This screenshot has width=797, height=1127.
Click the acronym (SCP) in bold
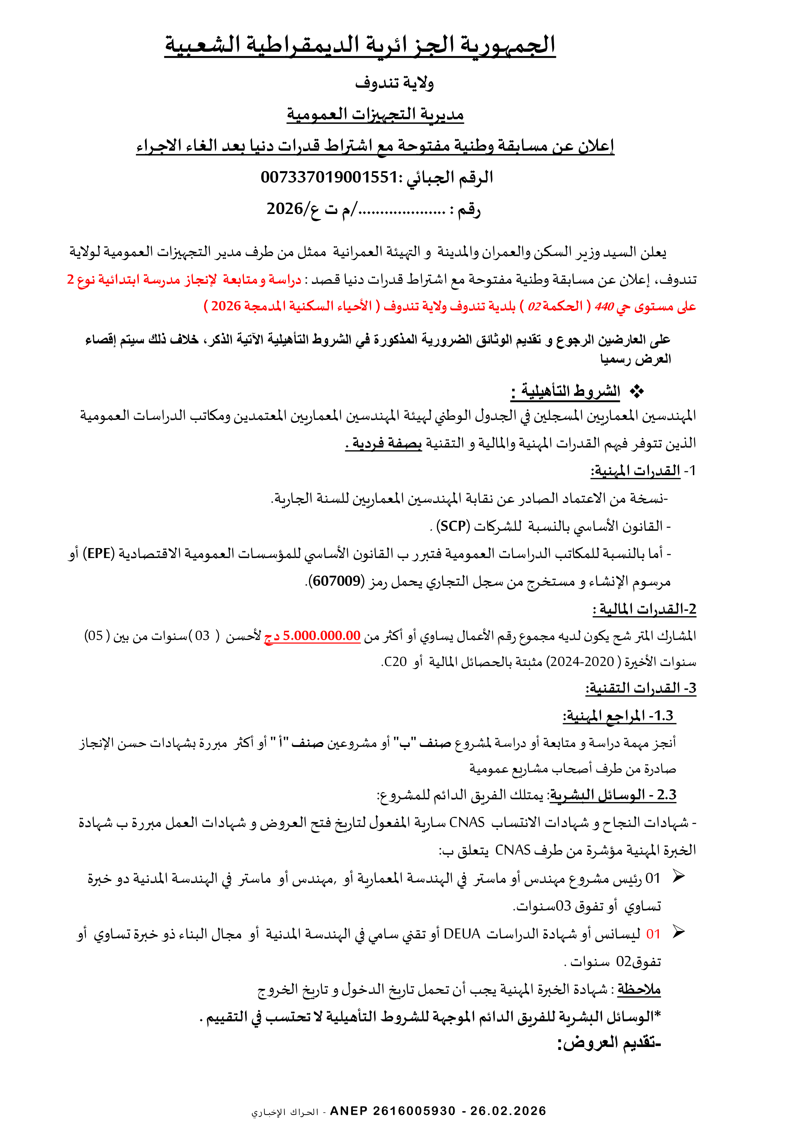(x=453, y=526)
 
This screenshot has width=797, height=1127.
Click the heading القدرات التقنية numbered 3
(x=640, y=688)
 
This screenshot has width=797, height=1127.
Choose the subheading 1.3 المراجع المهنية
(x=619, y=716)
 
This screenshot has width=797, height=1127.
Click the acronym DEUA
(x=461, y=934)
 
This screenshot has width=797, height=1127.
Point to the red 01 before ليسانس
(x=653, y=934)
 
